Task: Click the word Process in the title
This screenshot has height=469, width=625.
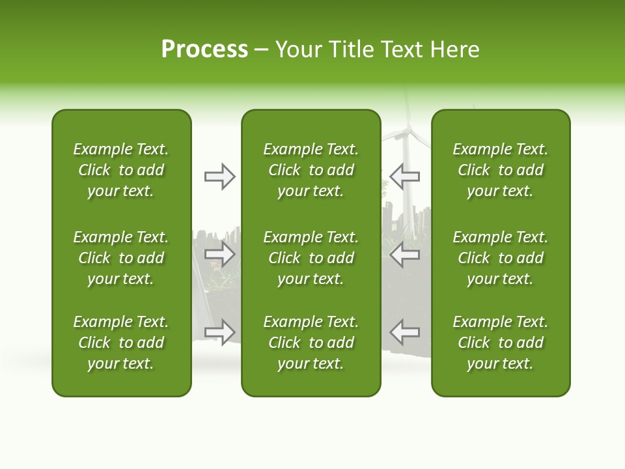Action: click(x=204, y=50)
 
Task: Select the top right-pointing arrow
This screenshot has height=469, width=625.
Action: click(x=219, y=177)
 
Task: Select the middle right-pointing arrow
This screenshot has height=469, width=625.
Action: click(x=219, y=254)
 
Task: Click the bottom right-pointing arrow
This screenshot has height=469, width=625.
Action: click(x=219, y=332)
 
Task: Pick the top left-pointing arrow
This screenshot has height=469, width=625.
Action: click(x=405, y=177)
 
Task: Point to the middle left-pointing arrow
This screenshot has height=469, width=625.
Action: click(x=405, y=254)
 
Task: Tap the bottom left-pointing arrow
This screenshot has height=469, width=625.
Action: click(x=405, y=332)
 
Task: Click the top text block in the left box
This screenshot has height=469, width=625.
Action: click(x=121, y=170)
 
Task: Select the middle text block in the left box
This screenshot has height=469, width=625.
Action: click(x=121, y=258)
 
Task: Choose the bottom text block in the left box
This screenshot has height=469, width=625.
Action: click(x=121, y=343)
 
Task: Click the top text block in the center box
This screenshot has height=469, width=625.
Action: click(x=311, y=170)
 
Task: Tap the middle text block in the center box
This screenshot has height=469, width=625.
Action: click(x=311, y=258)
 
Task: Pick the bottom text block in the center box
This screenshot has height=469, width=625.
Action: click(x=311, y=343)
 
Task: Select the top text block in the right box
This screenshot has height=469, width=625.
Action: click(x=500, y=170)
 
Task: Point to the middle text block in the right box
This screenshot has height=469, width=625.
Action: click(x=500, y=258)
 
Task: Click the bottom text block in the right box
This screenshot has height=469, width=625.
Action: click(x=500, y=343)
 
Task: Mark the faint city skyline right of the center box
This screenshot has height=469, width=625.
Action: click(x=407, y=215)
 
